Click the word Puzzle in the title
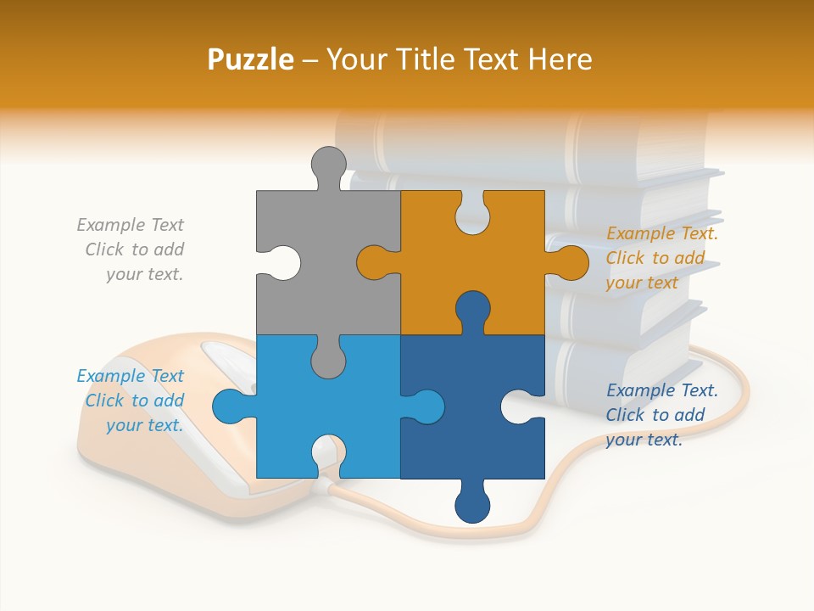(x=251, y=59)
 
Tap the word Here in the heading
(x=559, y=59)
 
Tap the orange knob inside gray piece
(x=374, y=262)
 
